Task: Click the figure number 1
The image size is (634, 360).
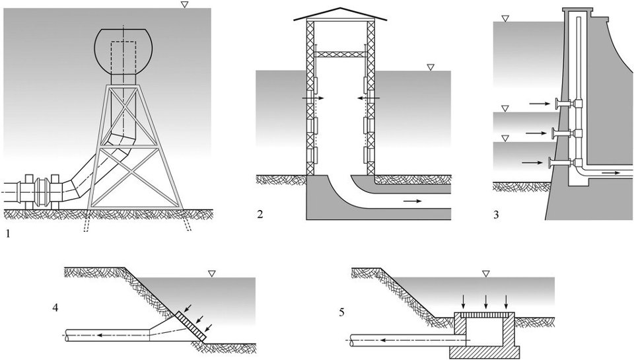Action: coord(7,233)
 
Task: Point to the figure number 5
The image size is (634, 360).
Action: coord(341,310)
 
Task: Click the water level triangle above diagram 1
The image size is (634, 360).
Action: coord(184,5)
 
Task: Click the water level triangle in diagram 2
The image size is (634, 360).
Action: coord(431,67)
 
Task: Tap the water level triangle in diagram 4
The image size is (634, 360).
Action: coord(211,273)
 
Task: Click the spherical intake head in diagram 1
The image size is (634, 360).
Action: coord(125,51)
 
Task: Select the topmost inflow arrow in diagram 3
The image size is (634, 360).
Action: coord(539,104)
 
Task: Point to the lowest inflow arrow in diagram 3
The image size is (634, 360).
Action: coord(530,162)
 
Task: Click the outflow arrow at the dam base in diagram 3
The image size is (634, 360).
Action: coord(611,173)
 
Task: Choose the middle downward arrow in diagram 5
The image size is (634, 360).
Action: coord(486,301)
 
